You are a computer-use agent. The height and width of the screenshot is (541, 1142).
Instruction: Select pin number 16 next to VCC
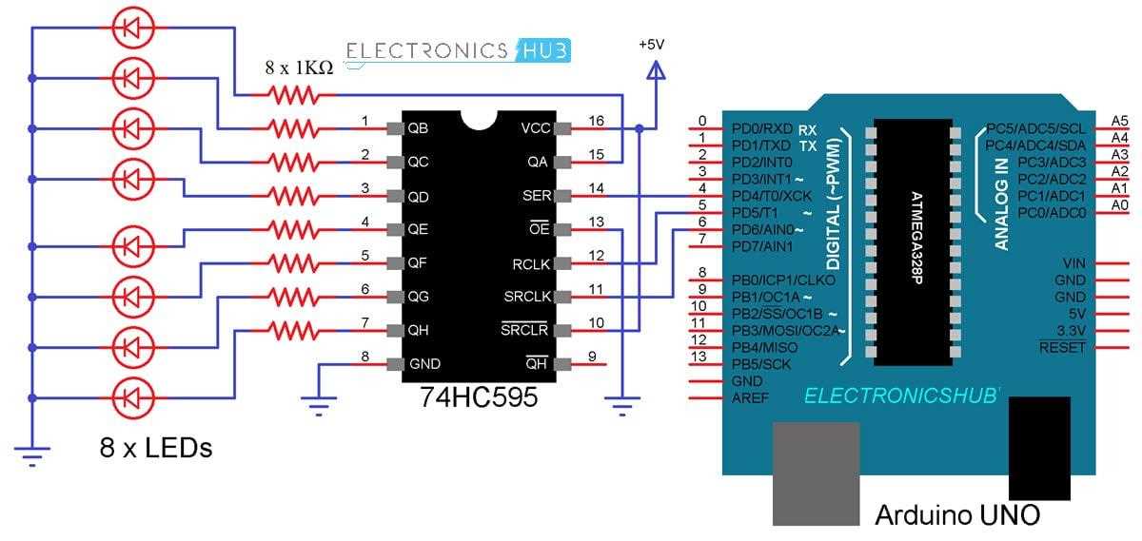click(596, 121)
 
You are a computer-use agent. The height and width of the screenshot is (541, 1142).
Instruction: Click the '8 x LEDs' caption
click(155, 447)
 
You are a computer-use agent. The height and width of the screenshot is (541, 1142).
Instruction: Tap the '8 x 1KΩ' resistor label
click(299, 68)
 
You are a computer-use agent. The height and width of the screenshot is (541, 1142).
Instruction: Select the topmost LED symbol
click(133, 27)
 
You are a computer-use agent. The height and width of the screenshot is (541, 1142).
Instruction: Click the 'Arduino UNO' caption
click(956, 515)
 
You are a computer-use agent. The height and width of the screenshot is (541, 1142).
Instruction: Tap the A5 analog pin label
click(1119, 121)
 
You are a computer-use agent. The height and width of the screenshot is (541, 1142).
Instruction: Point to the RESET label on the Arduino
click(1062, 348)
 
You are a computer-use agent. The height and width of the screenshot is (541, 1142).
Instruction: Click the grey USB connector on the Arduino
click(816, 473)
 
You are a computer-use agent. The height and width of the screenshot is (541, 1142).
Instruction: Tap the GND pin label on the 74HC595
click(424, 363)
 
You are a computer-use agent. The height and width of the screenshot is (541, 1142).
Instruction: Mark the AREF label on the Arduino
click(750, 397)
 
